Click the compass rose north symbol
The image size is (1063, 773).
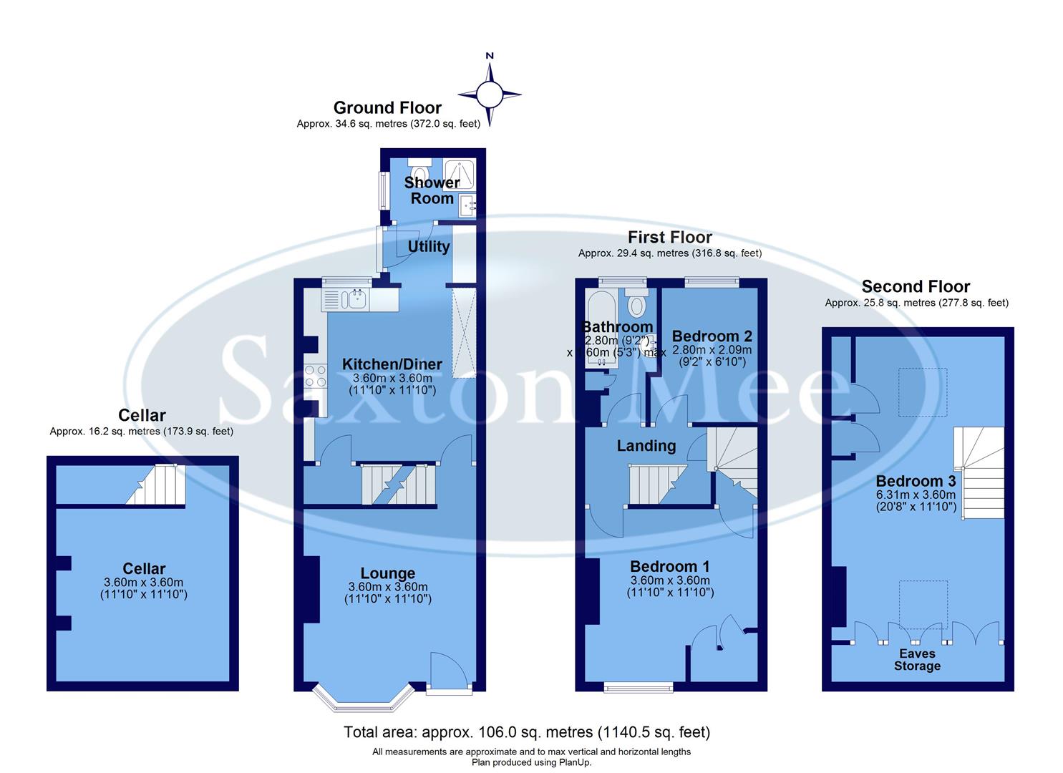pyautogui.click(x=490, y=93)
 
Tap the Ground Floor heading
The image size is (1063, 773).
pyautogui.click(x=387, y=108)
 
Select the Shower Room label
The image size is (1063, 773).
pyautogui.click(x=432, y=190)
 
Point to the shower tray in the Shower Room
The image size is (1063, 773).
pyautogui.click(x=459, y=174)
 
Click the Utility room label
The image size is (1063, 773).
pyautogui.click(x=428, y=246)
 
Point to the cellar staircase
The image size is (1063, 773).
pyautogui.click(x=159, y=485)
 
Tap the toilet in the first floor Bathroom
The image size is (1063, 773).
pyautogui.click(x=636, y=305)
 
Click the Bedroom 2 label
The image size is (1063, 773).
pyautogui.click(x=712, y=336)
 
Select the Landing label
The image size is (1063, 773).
pyautogui.click(x=646, y=446)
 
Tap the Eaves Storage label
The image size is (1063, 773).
pyautogui.click(x=917, y=659)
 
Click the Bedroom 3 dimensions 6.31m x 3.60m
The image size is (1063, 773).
pyautogui.click(x=916, y=495)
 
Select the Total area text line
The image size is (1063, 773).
pyautogui.click(x=527, y=732)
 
